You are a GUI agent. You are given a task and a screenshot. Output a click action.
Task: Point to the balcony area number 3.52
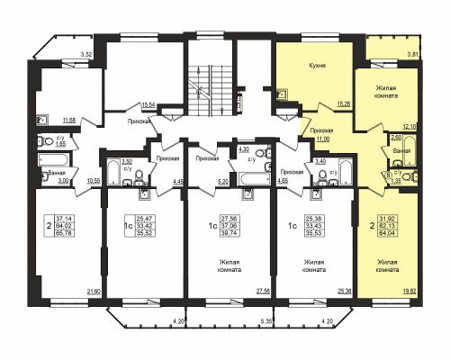(x=86, y=56)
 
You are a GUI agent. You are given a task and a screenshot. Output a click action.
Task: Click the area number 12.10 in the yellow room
(x=411, y=127)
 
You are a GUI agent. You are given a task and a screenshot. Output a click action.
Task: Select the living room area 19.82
(x=409, y=291)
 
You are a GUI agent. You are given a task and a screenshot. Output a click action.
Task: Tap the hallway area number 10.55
(x=91, y=180)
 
